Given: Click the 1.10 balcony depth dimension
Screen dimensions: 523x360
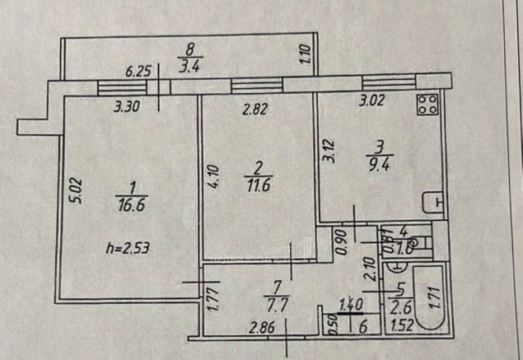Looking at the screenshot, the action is point(304,54).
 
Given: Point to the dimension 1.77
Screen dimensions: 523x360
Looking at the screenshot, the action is point(212,297).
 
